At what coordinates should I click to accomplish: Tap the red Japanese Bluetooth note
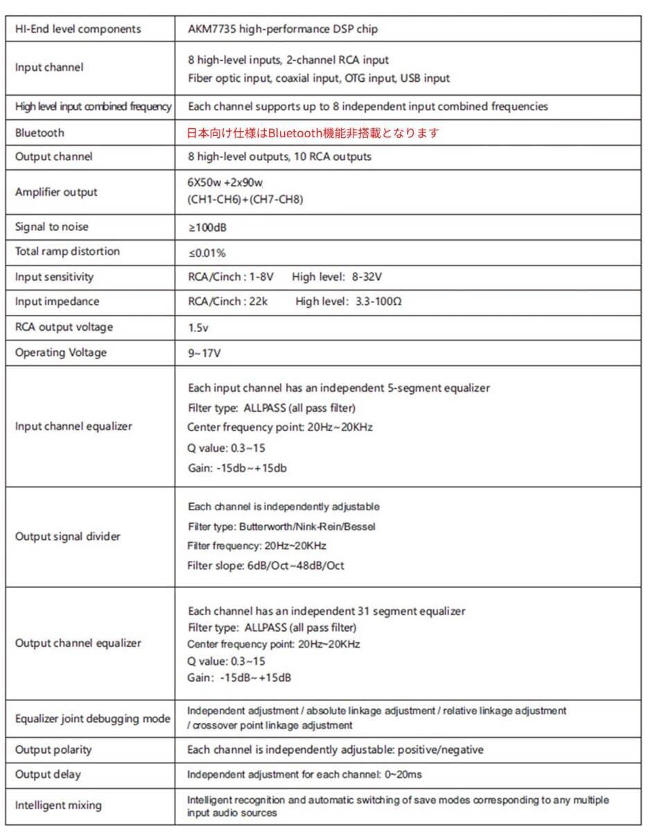pyautogui.click(x=313, y=132)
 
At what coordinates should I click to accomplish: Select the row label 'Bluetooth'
pyautogui.click(x=40, y=132)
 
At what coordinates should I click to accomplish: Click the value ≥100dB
pyautogui.click(x=207, y=227)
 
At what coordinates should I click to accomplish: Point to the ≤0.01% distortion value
pyautogui.click(x=207, y=252)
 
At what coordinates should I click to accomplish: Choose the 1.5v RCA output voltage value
pyautogui.click(x=198, y=327)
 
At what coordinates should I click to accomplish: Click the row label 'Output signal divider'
pyautogui.click(x=68, y=536)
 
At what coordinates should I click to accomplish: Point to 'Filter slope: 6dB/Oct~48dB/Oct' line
pyautogui.click(x=265, y=566)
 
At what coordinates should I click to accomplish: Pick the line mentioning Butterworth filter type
pyautogui.click(x=281, y=526)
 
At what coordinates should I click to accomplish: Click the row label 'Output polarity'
pyautogui.click(x=53, y=749)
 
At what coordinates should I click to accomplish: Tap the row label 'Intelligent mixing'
pyautogui.click(x=58, y=805)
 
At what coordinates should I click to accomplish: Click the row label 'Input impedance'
pyautogui.click(x=57, y=302)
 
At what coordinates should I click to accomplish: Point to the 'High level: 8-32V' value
pyautogui.click(x=337, y=277)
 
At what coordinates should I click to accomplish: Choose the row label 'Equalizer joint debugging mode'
pyautogui.click(x=92, y=718)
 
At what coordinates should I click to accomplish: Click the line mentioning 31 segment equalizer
pyautogui.click(x=326, y=611)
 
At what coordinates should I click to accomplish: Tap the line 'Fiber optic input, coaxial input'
pyautogui.click(x=319, y=78)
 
